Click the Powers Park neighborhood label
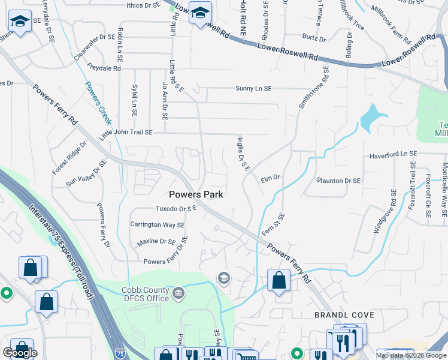tap(196, 194)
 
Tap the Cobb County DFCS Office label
tap(146, 293)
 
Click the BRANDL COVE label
tap(344, 315)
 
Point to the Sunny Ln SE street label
tap(253, 89)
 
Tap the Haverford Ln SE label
tap(393, 154)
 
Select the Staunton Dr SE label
tap(339, 181)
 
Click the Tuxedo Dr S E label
tap(177, 209)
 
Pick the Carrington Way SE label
tap(158, 225)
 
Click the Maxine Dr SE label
tap(156, 242)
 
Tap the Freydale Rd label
tap(104, 68)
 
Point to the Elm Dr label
tap(271, 178)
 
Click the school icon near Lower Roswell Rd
tap(200, 12)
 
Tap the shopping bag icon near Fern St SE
tap(279, 280)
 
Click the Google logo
tap(20, 353)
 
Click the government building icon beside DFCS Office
tap(178, 293)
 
